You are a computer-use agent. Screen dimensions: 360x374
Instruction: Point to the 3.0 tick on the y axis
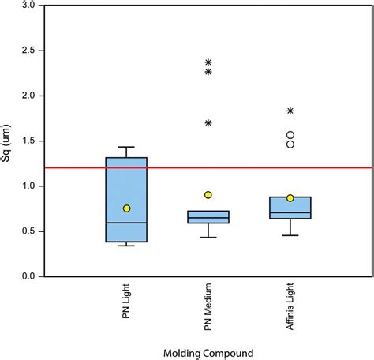pos(28,5)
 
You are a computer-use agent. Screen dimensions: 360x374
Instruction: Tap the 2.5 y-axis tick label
pos(28,51)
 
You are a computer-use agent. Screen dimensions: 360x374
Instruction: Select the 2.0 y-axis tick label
pos(28,96)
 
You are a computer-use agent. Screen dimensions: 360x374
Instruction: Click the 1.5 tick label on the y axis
pos(28,141)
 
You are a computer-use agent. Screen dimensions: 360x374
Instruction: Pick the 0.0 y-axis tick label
pos(28,276)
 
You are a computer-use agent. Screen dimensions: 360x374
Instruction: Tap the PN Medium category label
pos(208,313)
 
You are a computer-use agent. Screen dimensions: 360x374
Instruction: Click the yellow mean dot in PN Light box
pos(126,208)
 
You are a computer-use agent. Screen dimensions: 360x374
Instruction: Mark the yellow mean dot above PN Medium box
pos(208,194)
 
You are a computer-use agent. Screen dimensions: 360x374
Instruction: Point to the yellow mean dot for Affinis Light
pos(290,197)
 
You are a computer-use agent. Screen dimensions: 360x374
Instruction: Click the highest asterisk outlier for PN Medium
pos(208,62)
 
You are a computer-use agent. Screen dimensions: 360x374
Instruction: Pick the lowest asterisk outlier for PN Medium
pos(208,122)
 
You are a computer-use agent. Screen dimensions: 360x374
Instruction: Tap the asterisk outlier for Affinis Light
pos(290,111)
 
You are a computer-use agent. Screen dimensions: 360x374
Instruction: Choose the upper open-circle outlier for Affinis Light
pos(290,135)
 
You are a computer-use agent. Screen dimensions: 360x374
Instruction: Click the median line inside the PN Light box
pos(126,223)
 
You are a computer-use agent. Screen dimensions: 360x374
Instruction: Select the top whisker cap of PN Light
pos(126,147)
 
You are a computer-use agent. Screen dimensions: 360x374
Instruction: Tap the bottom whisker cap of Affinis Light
pos(290,235)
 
